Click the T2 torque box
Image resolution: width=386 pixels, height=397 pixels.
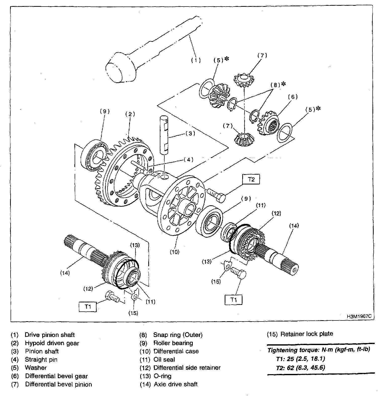[x=251, y=179]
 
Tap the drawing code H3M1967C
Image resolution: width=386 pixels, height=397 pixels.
[x=359, y=316]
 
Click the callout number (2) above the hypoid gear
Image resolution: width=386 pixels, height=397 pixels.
[x=130, y=114]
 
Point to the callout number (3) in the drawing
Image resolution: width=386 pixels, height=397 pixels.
[x=190, y=134]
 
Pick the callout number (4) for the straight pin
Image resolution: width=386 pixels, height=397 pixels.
[x=188, y=159]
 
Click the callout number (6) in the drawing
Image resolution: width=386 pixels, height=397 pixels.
[x=293, y=97]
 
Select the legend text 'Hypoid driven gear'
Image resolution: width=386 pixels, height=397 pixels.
[x=52, y=343]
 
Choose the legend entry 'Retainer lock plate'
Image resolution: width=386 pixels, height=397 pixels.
[x=307, y=334]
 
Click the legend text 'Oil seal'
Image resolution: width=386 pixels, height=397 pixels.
[x=164, y=360]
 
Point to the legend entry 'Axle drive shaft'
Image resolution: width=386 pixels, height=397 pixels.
[x=176, y=384]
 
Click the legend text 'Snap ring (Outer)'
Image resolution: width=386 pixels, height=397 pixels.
[x=178, y=335]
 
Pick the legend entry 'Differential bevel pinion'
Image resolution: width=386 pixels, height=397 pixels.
[x=59, y=384]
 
